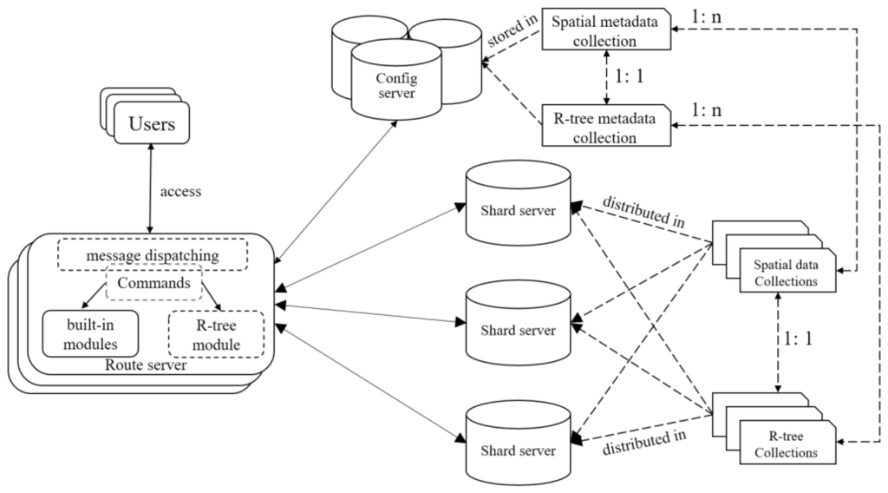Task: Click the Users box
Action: pos(152,122)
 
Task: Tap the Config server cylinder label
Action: pos(396,86)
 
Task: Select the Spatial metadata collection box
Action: pos(606,30)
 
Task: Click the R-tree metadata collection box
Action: pos(606,126)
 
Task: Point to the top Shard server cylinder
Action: pos(519,203)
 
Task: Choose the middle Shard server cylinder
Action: pos(519,323)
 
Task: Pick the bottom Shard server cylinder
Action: pos(519,444)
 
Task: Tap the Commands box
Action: pos(154,282)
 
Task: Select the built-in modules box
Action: pos(90,334)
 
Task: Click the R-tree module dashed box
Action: pos(216,334)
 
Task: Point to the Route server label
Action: pos(146,365)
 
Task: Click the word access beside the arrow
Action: pos(180,192)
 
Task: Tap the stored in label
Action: pos(512,30)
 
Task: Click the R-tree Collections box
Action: pos(787,443)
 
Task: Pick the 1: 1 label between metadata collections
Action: pos(630,76)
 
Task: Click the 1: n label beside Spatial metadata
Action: pos(706,16)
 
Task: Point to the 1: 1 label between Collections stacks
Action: pos(798,339)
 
